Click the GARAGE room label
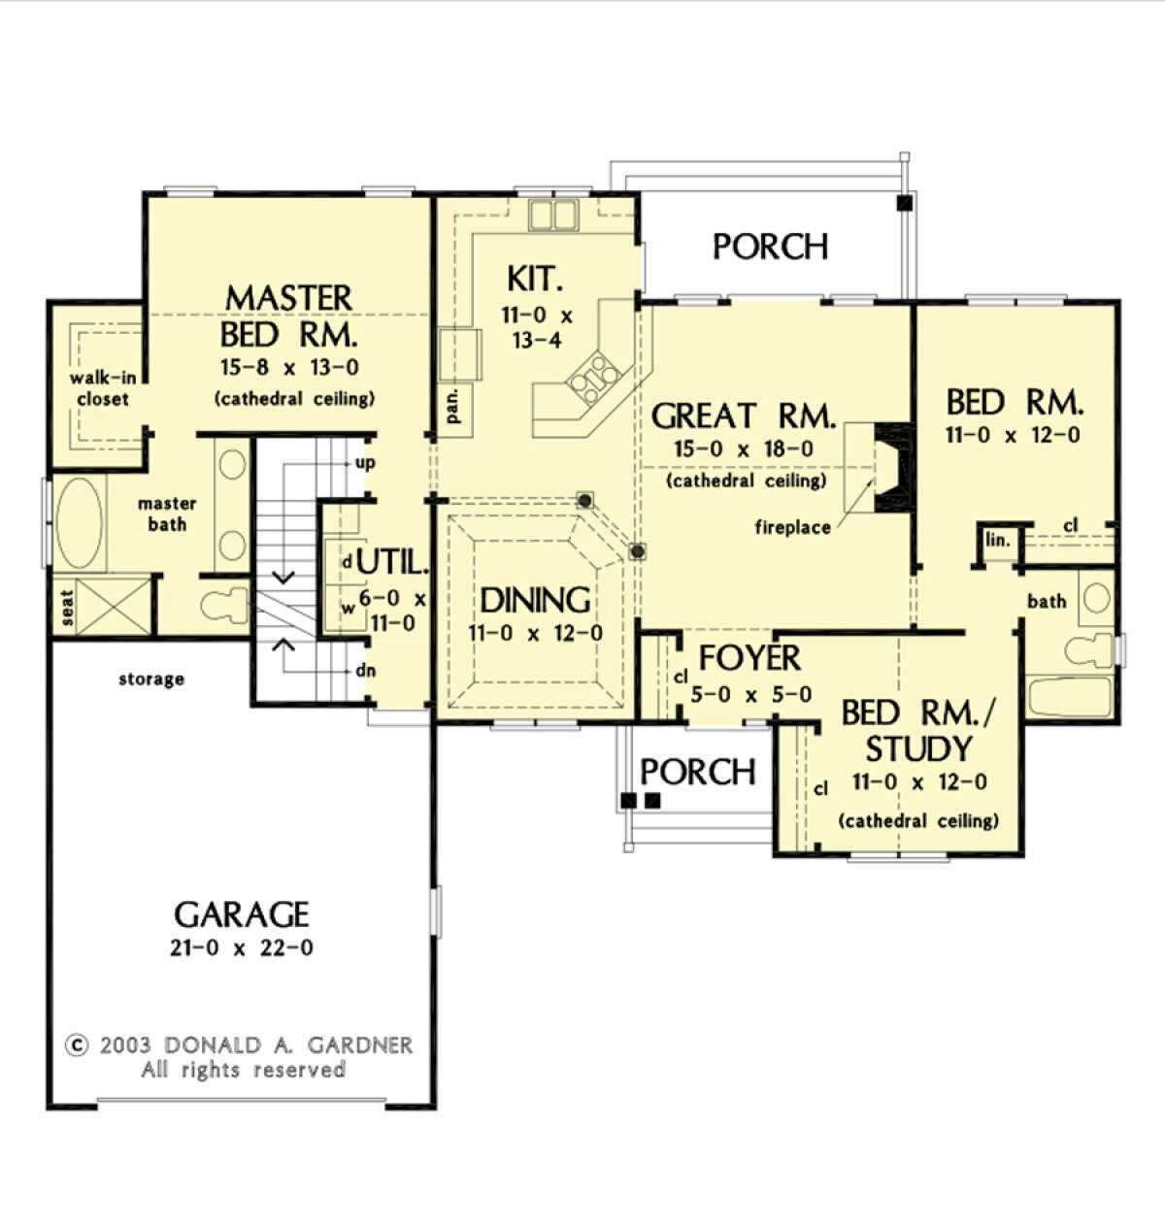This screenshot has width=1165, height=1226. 241,914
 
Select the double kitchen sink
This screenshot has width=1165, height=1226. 552,214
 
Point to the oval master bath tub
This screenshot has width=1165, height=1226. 80,522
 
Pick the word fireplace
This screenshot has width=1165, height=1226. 792,527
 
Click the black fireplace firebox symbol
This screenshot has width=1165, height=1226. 891,468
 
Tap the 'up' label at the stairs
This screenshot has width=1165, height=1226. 365,462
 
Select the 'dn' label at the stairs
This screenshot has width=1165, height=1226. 365,671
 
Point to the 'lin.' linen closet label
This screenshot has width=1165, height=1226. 997,541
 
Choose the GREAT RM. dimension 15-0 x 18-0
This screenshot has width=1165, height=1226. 744,449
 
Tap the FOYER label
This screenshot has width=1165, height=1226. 749,658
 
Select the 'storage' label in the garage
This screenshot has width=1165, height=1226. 150,679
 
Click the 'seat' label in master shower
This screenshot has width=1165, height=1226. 67,608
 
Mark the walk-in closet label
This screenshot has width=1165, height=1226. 102,388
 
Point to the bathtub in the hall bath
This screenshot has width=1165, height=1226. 1069,697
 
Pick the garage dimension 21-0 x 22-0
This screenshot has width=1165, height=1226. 241,948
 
